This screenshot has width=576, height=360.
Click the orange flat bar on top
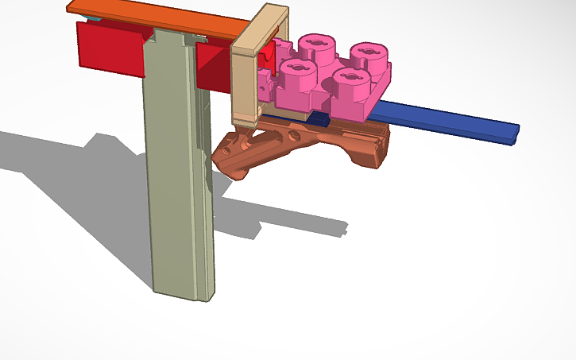(x=159, y=20)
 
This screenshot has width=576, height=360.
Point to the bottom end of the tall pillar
(x=184, y=292)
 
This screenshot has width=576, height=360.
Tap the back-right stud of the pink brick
(x=368, y=54)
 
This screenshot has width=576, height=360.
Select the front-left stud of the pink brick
(x=296, y=72)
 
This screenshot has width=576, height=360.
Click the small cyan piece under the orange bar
(x=95, y=17)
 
